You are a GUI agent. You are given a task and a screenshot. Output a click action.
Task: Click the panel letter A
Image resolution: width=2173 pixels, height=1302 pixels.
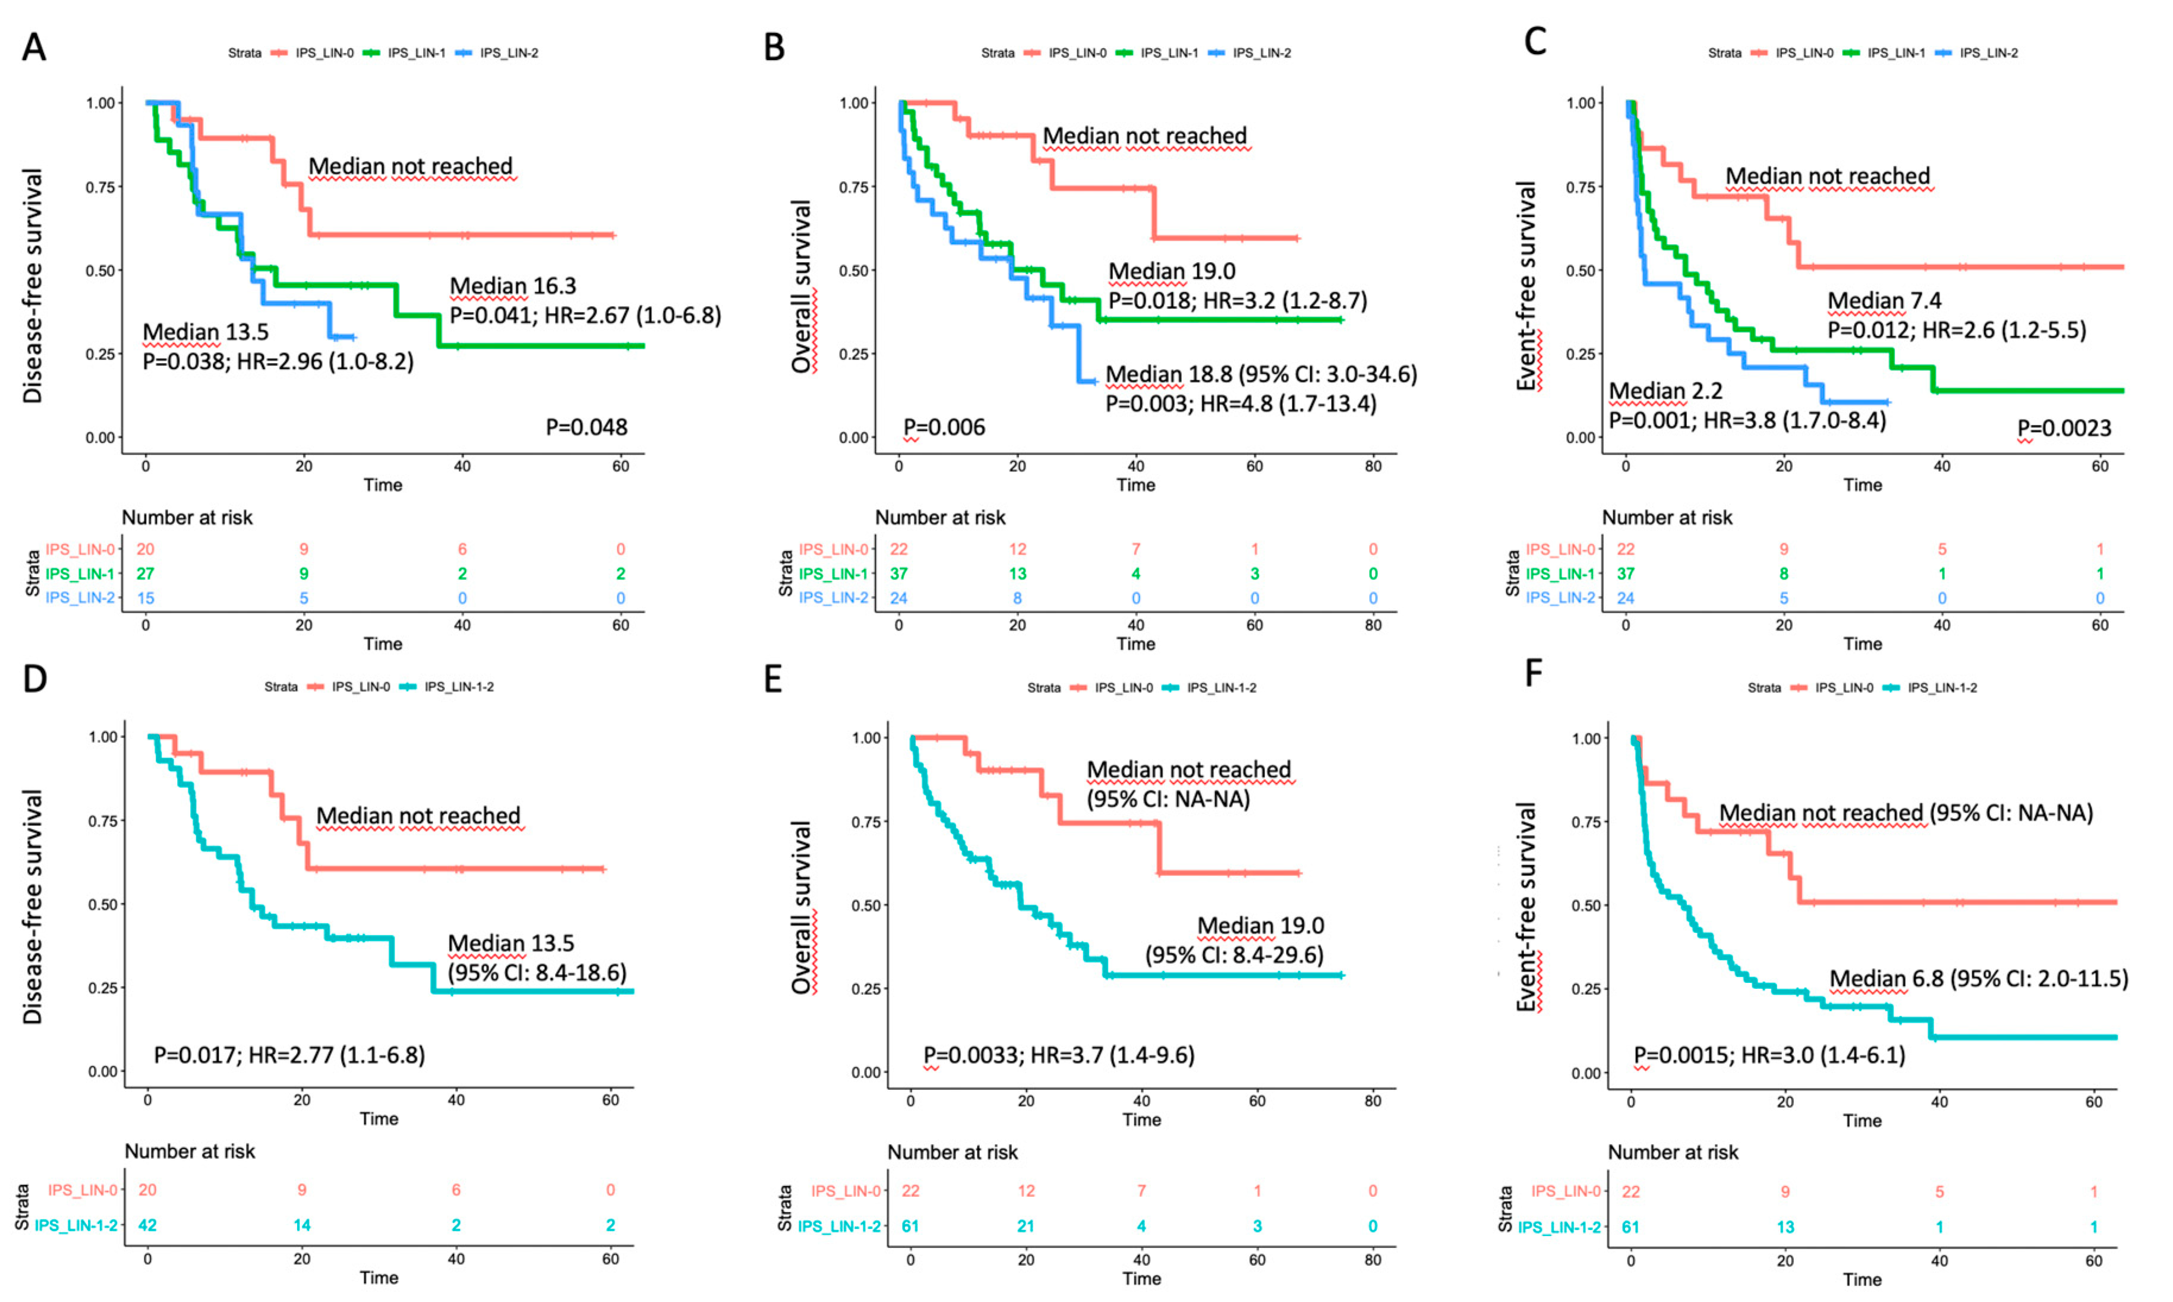pyautogui.click(x=34, y=46)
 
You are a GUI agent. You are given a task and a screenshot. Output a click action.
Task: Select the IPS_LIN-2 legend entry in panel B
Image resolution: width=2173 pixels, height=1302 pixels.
pyautogui.click(x=1261, y=53)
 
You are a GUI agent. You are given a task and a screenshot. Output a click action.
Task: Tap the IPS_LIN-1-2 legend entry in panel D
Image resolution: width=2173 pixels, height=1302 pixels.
pyautogui.click(x=458, y=687)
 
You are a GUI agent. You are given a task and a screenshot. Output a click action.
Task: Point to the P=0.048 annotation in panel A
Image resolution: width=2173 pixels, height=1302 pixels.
pyautogui.click(x=586, y=427)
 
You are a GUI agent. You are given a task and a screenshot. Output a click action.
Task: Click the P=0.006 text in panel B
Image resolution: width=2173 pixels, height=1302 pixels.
pyautogui.click(x=944, y=427)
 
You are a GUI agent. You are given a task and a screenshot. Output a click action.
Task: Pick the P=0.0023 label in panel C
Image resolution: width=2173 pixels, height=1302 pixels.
pyautogui.click(x=2063, y=428)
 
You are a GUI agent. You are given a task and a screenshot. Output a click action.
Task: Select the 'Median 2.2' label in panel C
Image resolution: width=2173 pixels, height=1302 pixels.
pyautogui.click(x=1665, y=390)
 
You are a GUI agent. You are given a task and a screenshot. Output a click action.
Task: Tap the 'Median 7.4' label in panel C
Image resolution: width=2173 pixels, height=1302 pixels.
pyautogui.click(x=1884, y=301)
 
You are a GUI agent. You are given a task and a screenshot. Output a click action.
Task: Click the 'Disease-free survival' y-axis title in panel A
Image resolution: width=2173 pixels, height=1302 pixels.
pyautogui.click(x=33, y=285)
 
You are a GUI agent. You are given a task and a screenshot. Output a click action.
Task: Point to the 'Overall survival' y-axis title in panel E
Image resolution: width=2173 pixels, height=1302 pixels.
pyautogui.click(x=801, y=907)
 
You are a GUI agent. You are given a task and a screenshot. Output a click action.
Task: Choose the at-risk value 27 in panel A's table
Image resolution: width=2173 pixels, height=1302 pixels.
pyautogui.click(x=145, y=574)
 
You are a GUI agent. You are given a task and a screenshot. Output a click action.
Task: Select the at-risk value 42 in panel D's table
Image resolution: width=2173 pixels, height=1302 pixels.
pyautogui.click(x=147, y=1225)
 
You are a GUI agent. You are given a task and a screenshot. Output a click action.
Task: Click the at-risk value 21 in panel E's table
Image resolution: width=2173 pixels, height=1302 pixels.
pyautogui.click(x=1026, y=1226)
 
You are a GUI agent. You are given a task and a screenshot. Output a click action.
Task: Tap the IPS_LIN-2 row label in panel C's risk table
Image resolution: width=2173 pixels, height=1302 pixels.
pyautogui.click(x=1560, y=597)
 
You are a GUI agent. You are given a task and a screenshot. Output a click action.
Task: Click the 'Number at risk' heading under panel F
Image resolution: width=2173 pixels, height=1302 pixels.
pyautogui.click(x=1672, y=1152)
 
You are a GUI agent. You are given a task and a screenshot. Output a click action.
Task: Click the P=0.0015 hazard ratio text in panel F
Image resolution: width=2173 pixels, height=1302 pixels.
pyautogui.click(x=1768, y=1055)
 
